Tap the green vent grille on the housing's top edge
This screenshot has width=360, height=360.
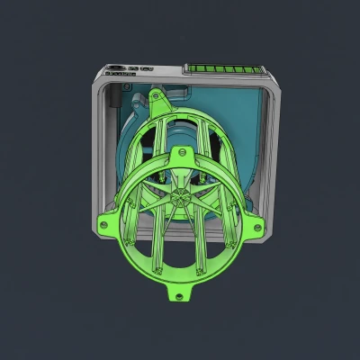point(225,69)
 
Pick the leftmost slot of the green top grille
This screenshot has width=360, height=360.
point(190,69)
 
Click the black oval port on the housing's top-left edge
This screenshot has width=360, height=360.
point(116,67)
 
